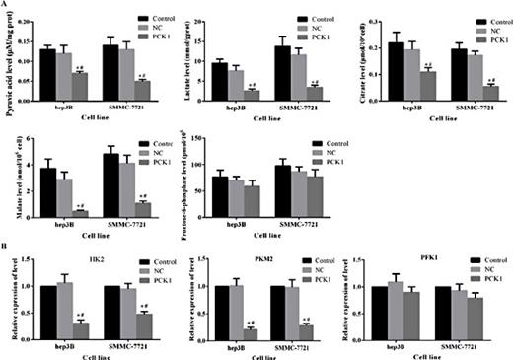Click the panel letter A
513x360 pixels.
tap(5, 5)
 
